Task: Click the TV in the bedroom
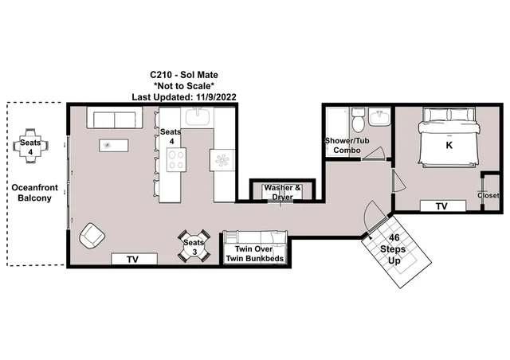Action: (443, 205)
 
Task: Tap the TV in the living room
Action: (134, 259)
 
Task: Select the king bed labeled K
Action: (449, 138)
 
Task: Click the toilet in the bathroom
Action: (358, 120)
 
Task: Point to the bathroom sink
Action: (379, 117)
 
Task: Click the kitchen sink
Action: (197, 117)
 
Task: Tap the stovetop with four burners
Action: (176, 159)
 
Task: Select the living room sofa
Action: (115, 118)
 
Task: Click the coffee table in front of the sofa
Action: (113, 146)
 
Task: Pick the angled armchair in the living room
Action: (92, 236)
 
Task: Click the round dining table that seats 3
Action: (194, 246)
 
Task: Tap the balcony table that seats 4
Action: (30, 146)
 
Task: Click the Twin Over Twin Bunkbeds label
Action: (254, 253)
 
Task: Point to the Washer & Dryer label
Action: (282, 192)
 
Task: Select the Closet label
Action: (488, 195)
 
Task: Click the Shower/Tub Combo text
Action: (347, 146)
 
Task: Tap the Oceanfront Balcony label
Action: (34, 193)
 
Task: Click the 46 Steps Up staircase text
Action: (394, 249)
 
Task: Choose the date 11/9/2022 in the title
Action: (216, 97)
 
